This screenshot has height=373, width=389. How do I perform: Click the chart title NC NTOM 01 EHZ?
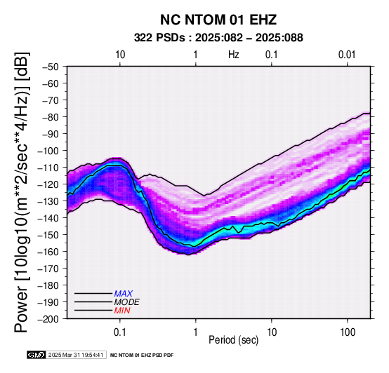pos(218,20)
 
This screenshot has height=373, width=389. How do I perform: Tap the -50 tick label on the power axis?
pos(51,67)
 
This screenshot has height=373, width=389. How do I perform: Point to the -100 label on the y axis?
pos(48,151)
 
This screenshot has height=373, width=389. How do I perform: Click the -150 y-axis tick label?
pos(48,235)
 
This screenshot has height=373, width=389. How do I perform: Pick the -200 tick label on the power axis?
pos(48,319)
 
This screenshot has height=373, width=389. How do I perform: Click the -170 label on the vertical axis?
pos(48,269)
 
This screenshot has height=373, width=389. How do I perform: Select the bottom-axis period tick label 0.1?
pos(120,332)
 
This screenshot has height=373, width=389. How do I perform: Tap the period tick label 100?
pos(348,332)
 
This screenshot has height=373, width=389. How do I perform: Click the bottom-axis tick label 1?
pos(196,332)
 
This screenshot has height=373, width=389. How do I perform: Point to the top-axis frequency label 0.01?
pos(347,55)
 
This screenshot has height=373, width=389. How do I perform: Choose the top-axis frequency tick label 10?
pos(120,55)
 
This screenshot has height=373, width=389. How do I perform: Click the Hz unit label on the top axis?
pos(234,55)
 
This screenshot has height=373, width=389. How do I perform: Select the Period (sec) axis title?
pos(233,340)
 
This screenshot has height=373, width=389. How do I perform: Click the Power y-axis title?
pos(22,192)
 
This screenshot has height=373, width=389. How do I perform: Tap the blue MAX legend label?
pos(124,294)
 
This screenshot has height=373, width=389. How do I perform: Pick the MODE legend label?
pos(127,302)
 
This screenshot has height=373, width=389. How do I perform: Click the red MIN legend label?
pos(122,311)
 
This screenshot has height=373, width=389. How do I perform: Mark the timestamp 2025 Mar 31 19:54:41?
pos(76,355)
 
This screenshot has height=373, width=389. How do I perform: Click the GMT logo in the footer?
pos(37,355)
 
